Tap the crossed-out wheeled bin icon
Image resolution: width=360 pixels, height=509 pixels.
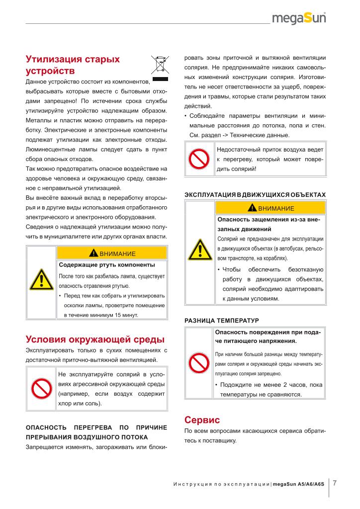pyautogui.click(x=160, y=66)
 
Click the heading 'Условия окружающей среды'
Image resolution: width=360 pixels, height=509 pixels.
pyautogui.click(x=94, y=339)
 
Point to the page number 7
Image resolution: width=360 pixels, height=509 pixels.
pyautogui.click(x=335, y=482)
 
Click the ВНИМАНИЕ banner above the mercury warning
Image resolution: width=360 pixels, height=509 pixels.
pyautogui.click(x=112, y=253)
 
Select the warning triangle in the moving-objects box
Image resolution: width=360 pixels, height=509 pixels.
pyautogui.click(x=199, y=250)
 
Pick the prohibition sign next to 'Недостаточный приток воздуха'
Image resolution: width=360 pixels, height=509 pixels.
pyautogui.click(x=199, y=159)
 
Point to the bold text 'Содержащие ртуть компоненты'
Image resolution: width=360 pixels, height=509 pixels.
pyautogui.click(x=107, y=264)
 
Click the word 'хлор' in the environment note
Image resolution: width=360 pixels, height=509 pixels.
pyautogui.click(x=66, y=404)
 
